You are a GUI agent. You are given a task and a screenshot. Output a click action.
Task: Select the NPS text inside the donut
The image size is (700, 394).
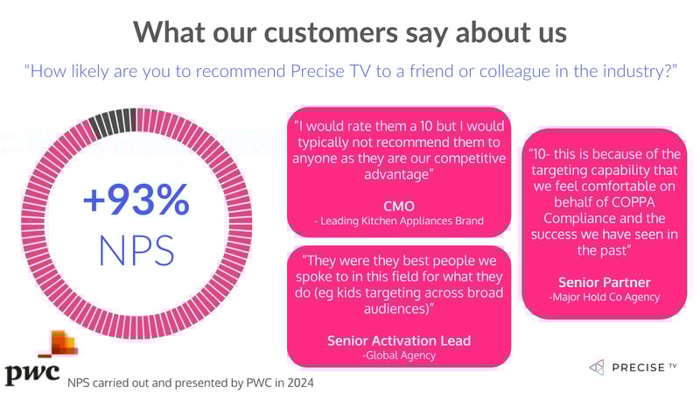point(136,249)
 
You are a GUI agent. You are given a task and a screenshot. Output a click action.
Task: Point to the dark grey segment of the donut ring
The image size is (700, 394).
point(111,119)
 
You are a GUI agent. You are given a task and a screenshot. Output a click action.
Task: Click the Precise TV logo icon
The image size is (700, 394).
point(598,366)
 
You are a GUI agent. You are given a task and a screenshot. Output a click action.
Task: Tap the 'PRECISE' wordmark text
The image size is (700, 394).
point(639,367)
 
